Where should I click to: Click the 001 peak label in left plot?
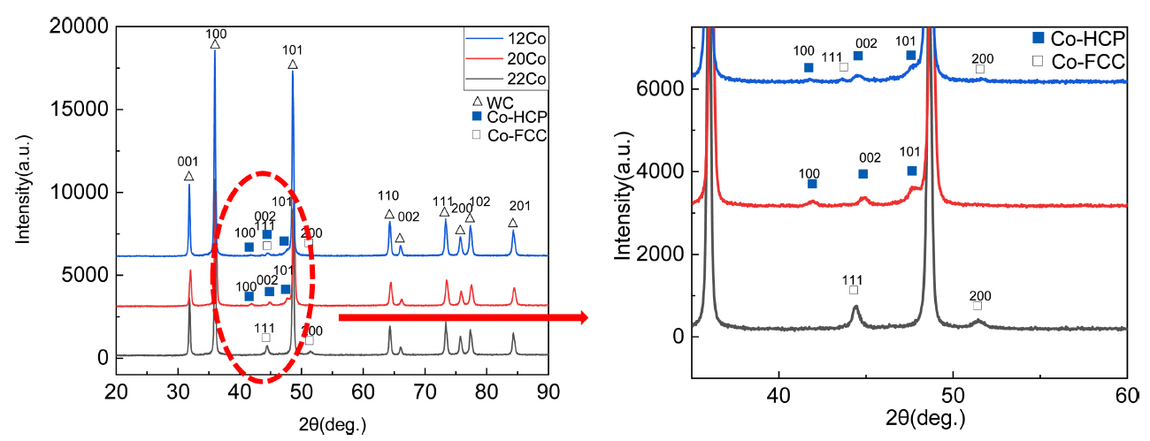pos(188,162)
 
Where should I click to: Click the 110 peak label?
pos(388,196)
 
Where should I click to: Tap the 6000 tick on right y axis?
pos(663,89)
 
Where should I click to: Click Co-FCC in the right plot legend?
pos(1089,62)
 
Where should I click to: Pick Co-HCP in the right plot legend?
pos(1089,40)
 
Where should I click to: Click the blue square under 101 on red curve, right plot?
pos(911,171)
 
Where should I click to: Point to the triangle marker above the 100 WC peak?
pos(215,44)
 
